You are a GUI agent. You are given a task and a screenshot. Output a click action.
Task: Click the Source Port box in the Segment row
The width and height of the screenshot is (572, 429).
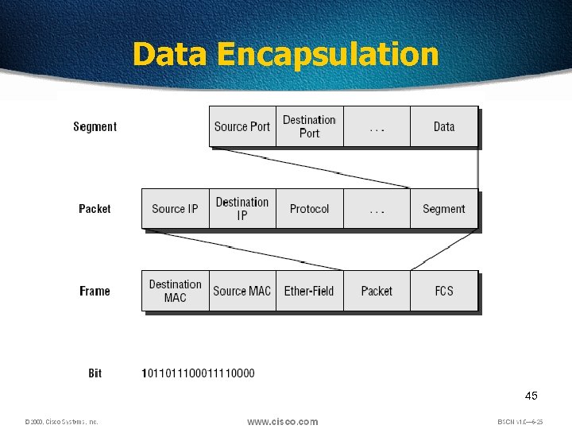(x=242, y=126)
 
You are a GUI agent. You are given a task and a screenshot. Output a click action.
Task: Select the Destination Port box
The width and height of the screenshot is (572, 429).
(x=310, y=126)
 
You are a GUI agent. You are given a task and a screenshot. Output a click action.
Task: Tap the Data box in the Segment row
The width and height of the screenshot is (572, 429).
(x=444, y=126)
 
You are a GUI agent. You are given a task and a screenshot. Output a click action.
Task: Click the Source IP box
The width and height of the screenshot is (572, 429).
(x=175, y=208)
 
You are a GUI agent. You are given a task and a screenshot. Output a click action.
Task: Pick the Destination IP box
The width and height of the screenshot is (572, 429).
(x=242, y=208)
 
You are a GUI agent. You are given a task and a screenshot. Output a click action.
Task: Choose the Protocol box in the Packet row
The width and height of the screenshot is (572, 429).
(x=309, y=208)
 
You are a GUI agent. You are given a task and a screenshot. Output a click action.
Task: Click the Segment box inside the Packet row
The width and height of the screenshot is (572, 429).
(x=444, y=208)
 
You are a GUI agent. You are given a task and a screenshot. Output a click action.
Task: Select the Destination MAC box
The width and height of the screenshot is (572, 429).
(x=175, y=291)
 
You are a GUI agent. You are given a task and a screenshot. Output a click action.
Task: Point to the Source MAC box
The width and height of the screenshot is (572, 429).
(x=242, y=291)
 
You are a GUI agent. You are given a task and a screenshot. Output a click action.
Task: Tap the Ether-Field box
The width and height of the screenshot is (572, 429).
(x=309, y=291)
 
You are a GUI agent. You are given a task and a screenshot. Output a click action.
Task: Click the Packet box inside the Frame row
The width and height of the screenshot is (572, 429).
(x=377, y=291)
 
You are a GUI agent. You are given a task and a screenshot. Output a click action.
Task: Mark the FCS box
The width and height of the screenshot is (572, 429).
(x=444, y=291)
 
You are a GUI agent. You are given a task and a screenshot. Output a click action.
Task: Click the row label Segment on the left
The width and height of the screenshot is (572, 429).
(x=95, y=126)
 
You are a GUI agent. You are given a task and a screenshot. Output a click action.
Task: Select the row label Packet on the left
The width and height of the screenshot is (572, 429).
(x=95, y=208)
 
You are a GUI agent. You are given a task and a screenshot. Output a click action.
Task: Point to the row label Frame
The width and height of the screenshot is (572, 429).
(x=95, y=291)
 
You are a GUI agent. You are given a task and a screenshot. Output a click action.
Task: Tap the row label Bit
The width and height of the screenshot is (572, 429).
(x=95, y=373)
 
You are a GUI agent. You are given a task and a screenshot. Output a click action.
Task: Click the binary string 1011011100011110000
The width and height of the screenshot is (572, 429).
(x=198, y=373)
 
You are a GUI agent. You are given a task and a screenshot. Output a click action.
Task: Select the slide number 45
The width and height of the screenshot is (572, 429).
(x=531, y=396)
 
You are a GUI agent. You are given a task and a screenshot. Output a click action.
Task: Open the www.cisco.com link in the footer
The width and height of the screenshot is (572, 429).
(x=282, y=421)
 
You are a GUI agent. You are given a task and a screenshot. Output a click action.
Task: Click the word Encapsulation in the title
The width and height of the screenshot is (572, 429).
(x=327, y=55)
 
